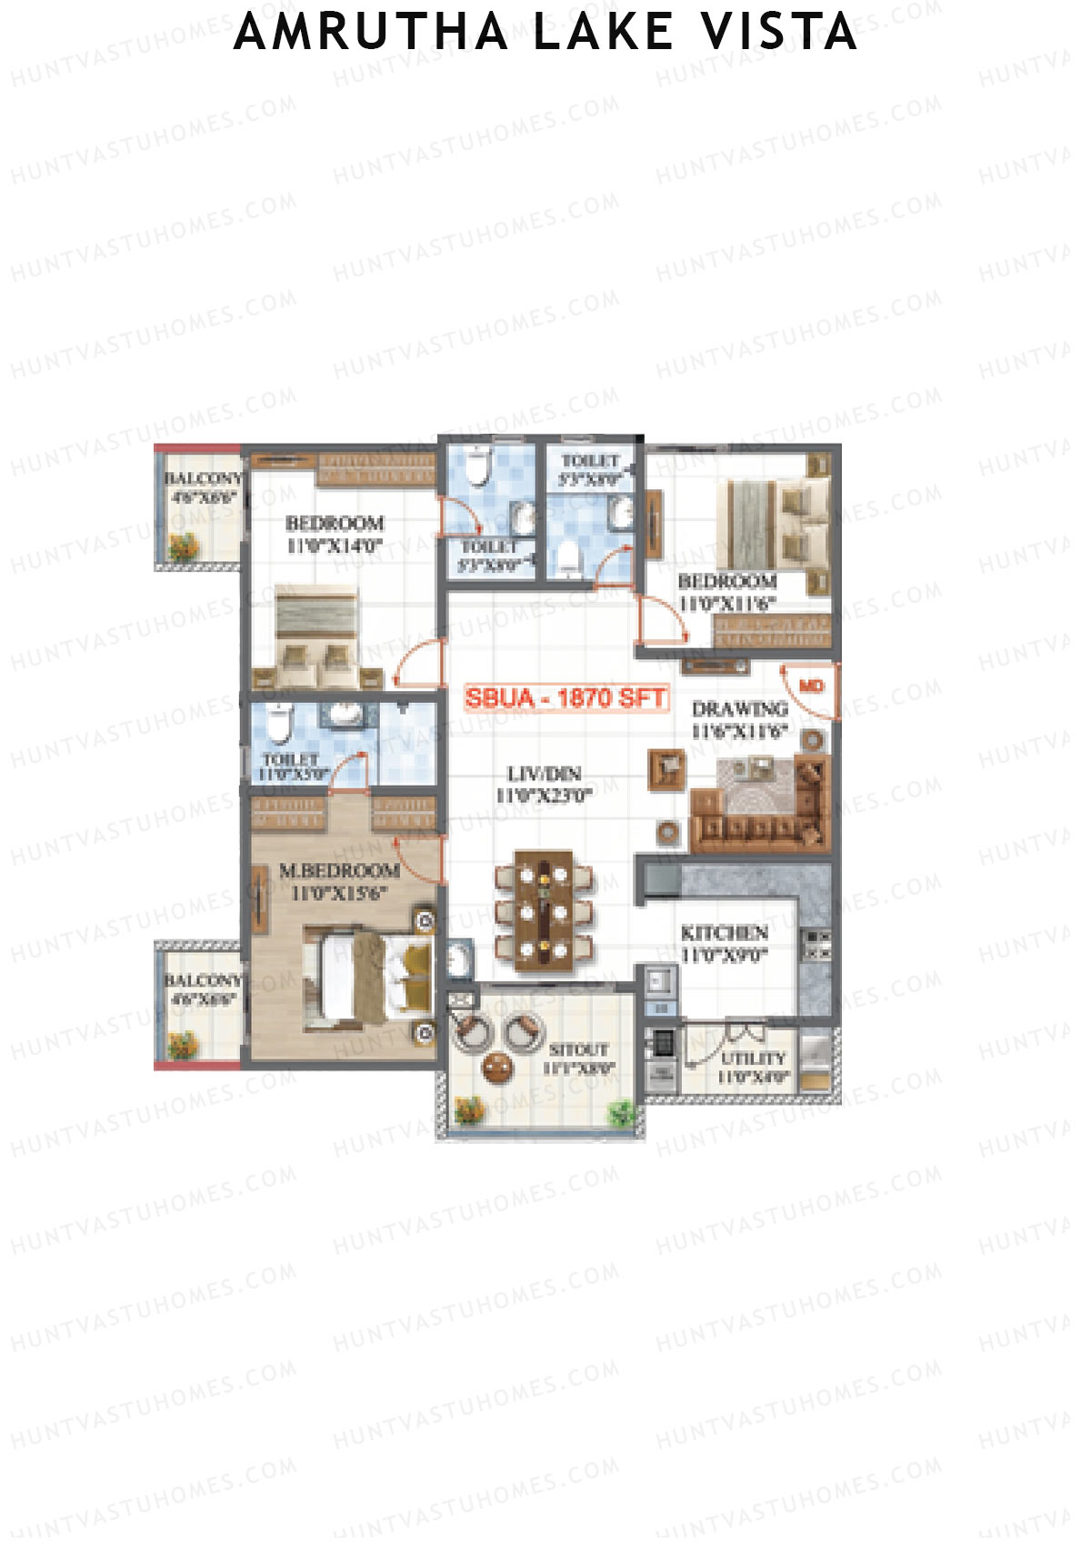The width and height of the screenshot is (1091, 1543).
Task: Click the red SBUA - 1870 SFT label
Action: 566,698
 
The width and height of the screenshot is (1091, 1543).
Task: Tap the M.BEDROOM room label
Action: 339,870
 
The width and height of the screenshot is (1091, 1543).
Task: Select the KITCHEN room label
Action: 725,933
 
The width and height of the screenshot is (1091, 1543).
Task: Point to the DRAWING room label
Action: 739,708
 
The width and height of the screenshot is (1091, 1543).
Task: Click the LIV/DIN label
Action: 544,774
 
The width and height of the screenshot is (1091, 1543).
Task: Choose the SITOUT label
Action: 578,1049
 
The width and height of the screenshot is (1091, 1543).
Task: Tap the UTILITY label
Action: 753,1058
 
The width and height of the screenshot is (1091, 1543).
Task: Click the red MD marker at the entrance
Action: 811,686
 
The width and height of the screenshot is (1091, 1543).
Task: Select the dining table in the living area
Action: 543,910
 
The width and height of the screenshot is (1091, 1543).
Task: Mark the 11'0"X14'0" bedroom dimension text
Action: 335,546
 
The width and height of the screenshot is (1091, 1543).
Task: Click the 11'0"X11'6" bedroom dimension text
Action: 727,603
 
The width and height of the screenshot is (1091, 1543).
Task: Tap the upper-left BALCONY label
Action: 203,478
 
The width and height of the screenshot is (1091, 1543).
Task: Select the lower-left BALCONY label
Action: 203,980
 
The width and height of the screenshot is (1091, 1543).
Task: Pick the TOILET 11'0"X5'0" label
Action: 291,766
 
